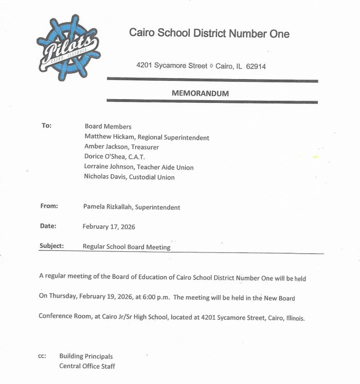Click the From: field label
pyautogui.click(x=49, y=206)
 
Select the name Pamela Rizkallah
pyautogui.click(x=107, y=207)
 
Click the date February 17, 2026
pyautogui.click(x=109, y=226)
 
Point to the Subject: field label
pyautogui.click(x=51, y=246)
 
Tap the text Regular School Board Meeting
pyautogui.click(x=127, y=247)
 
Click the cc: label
pyautogui.click(x=43, y=356)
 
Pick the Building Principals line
pyautogui.click(x=86, y=356)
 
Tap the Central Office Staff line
pyautogui.click(x=87, y=366)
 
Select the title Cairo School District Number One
pyautogui.click(x=209, y=34)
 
